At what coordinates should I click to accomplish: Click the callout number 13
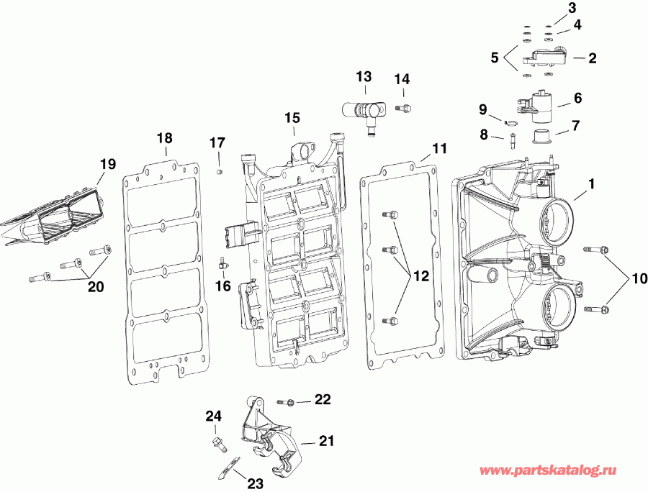pyautogui.click(x=364, y=76)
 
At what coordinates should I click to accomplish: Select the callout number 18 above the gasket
pyautogui.click(x=165, y=137)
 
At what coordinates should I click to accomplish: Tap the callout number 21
pyautogui.click(x=326, y=441)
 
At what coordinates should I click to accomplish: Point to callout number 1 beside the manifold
pyautogui.click(x=592, y=184)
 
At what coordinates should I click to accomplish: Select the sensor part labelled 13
pyautogui.click(x=366, y=112)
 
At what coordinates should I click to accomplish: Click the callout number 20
pyautogui.click(x=95, y=286)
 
